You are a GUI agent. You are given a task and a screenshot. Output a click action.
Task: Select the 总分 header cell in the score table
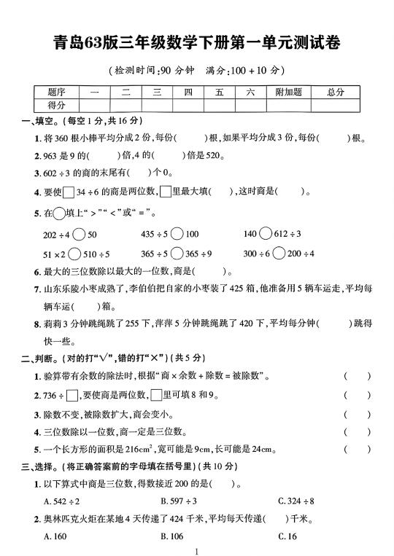pos(336,93)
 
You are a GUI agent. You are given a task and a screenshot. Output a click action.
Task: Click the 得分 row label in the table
pos(56,106)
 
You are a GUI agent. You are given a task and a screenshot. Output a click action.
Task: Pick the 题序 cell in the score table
pos(56,93)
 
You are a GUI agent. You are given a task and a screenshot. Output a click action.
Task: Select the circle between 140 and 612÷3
pos(269,234)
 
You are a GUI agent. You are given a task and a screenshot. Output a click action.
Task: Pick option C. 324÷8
pos(296,501)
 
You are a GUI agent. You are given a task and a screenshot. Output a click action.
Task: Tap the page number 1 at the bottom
pos(197,552)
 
